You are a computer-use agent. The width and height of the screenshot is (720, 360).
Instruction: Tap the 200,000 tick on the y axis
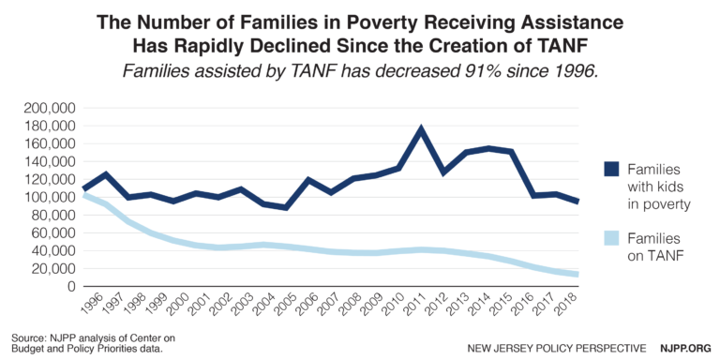click(x=53, y=109)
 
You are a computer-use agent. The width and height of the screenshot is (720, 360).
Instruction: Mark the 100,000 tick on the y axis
click(x=53, y=198)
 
